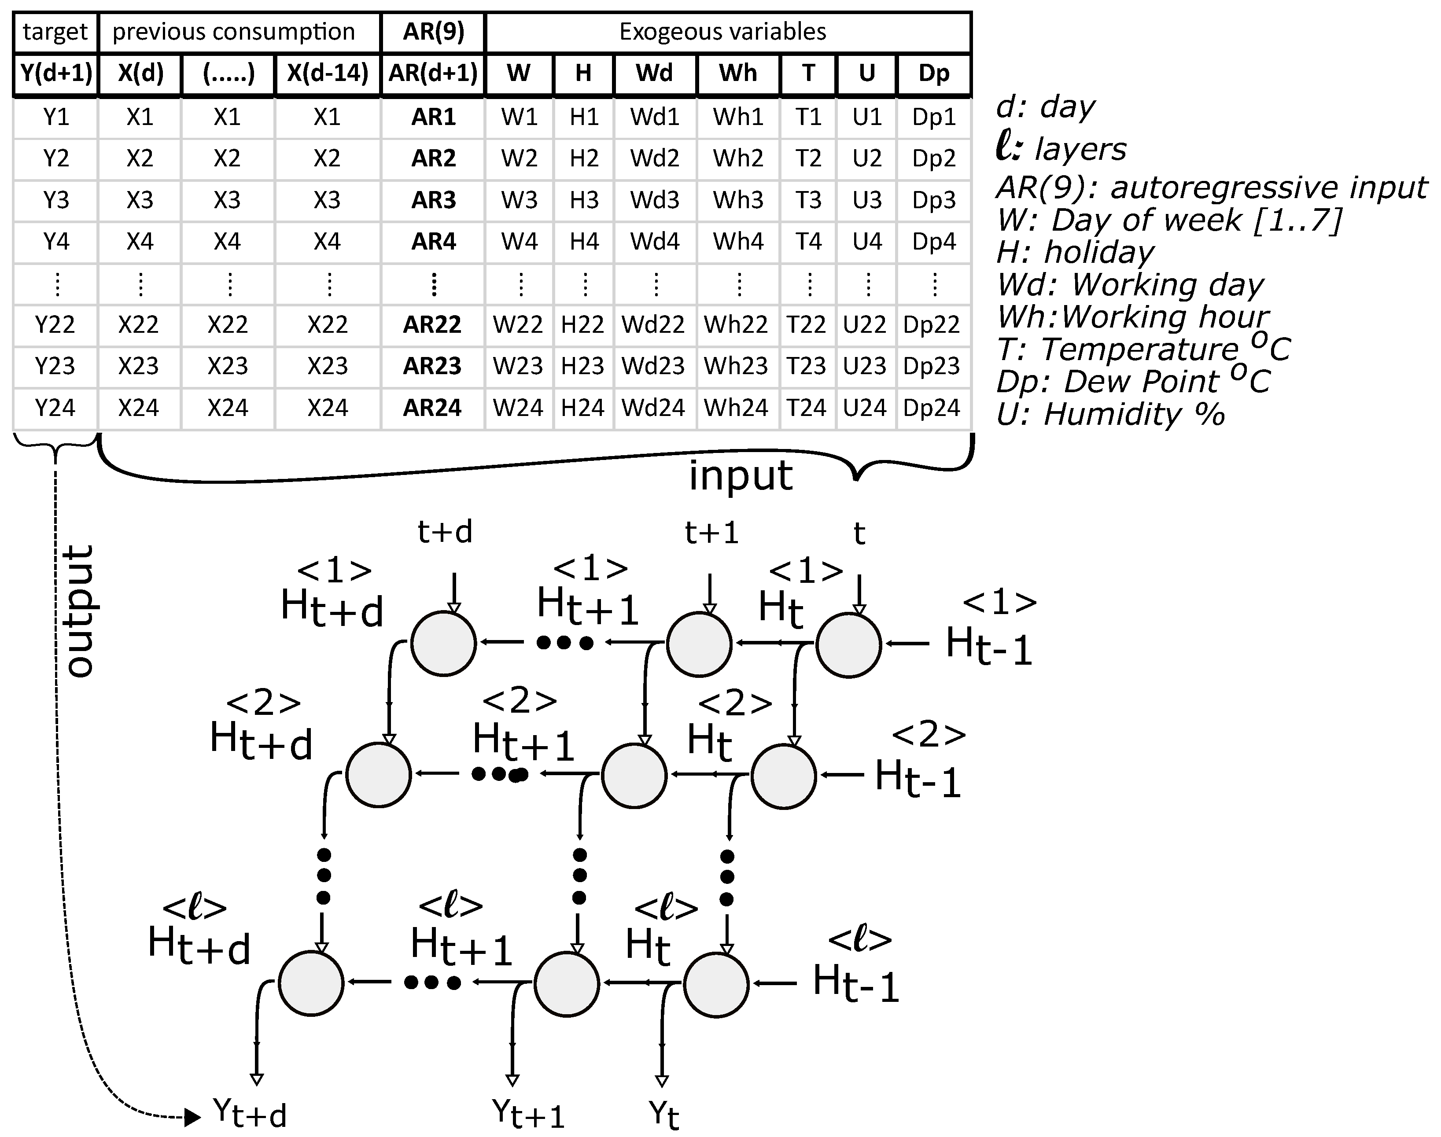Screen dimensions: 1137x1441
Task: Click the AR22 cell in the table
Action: tap(432, 325)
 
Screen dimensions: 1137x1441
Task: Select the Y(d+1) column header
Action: tap(56, 73)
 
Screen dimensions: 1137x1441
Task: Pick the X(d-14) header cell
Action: tap(327, 73)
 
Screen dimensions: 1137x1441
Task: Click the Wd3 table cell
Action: tap(655, 200)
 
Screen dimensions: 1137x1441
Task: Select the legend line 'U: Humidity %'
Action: tap(1110, 414)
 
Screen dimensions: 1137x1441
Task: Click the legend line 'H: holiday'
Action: tap(1075, 252)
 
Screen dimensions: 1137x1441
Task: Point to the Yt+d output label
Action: tap(250, 1112)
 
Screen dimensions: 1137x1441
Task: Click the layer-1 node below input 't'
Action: tap(848, 644)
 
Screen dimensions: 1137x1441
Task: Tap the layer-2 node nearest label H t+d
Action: tap(378, 775)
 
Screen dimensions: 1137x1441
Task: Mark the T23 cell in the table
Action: tap(807, 366)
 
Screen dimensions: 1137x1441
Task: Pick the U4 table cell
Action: tap(866, 241)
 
